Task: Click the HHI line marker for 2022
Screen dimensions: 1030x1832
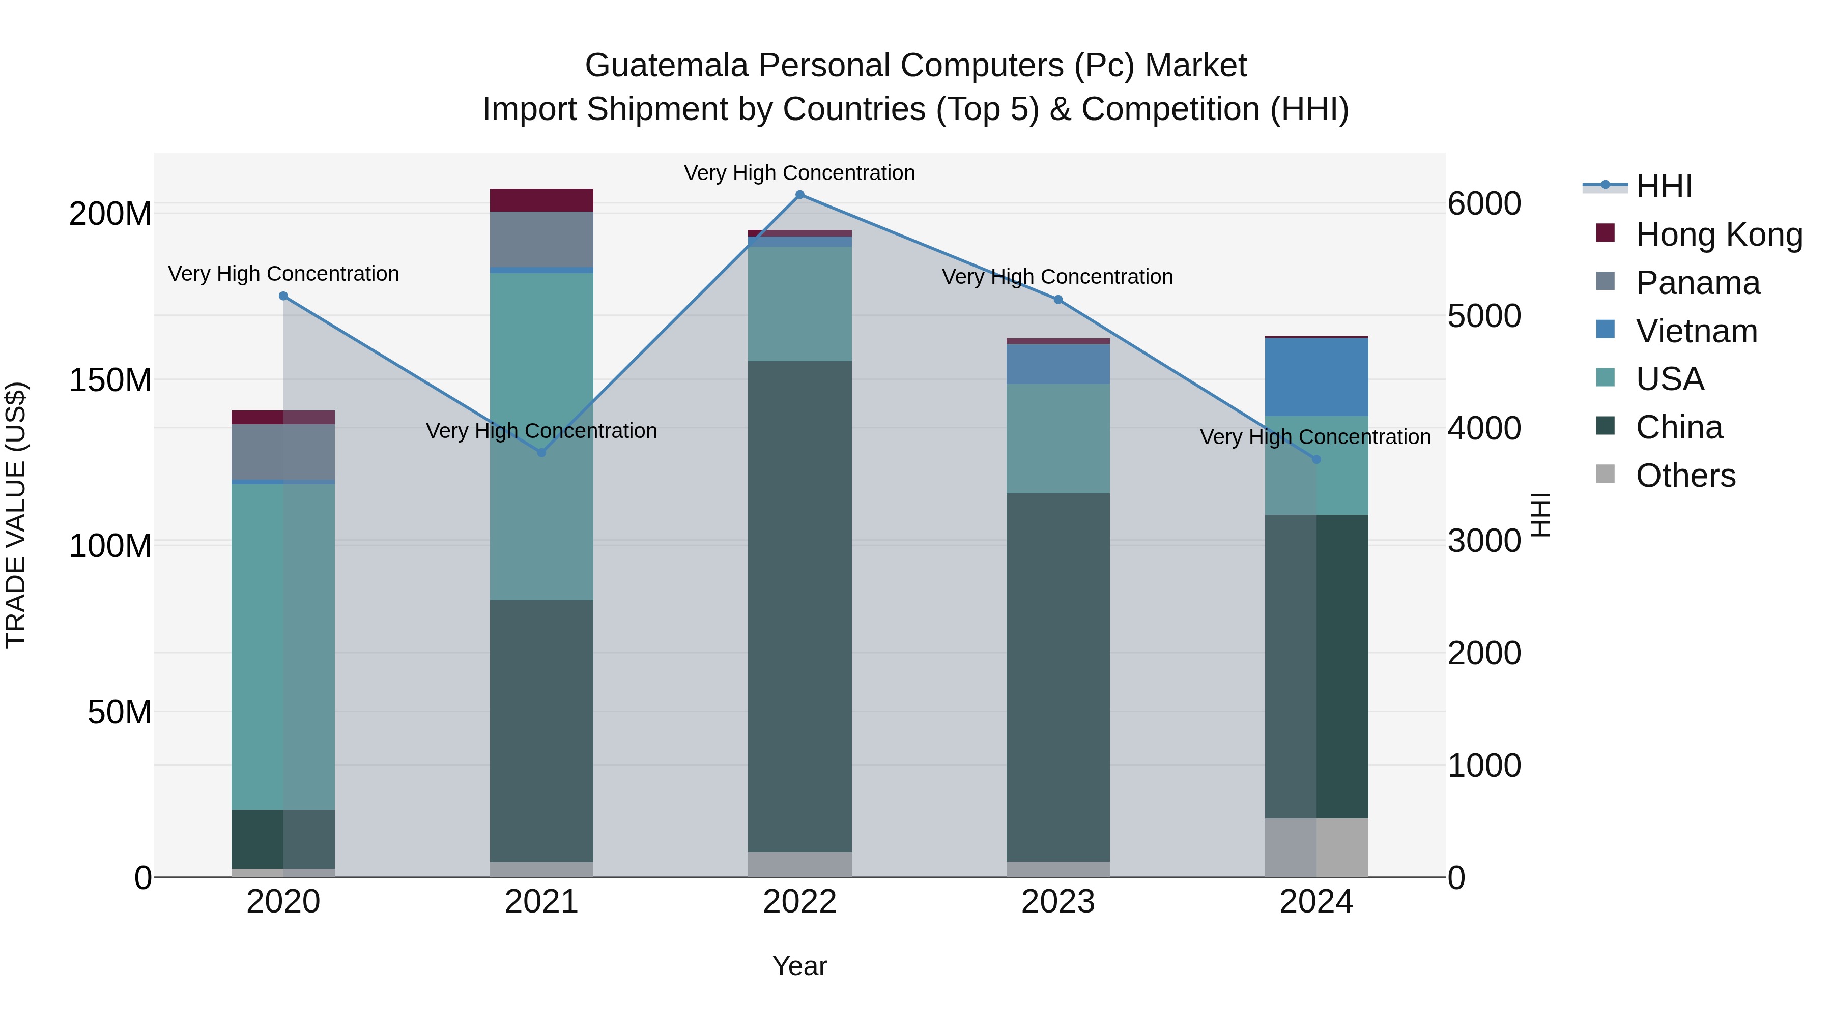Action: coord(799,195)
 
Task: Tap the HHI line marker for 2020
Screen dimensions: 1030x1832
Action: coord(283,296)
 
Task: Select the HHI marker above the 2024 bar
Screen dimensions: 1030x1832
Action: coord(1316,460)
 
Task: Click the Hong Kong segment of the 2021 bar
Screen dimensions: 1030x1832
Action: coord(541,200)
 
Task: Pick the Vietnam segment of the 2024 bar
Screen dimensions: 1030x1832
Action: coord(1316,377)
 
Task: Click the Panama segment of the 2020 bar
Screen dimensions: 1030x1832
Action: coord(283,452)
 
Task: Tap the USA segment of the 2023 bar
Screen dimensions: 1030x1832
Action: coord(1057,438)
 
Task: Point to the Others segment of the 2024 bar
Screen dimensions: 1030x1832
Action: coord(1316,847)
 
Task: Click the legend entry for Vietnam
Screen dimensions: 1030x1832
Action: coord(1696,331)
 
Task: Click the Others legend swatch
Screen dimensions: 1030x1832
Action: coord(1605,474)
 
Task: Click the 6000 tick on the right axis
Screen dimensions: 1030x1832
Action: coord(1484,204)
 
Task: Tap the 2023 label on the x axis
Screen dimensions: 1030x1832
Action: coord(1057,902)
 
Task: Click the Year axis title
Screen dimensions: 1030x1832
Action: coord(799,966)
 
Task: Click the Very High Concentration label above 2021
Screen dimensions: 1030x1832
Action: coord(541,431)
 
